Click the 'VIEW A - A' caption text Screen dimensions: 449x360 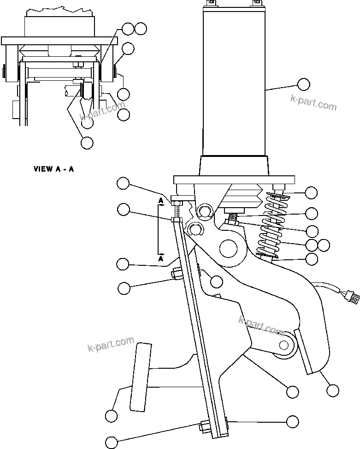point(53,169)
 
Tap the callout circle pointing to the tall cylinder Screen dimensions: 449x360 point(303,84)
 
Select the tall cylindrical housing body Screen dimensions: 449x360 point(234,83)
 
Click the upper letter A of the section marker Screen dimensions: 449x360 point(160,201)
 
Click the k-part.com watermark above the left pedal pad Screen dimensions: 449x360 point(111,344)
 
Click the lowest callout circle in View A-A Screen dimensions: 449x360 point(87,143)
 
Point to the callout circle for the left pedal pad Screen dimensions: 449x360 point(111,416)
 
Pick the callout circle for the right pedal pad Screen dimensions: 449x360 point(332,391)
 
